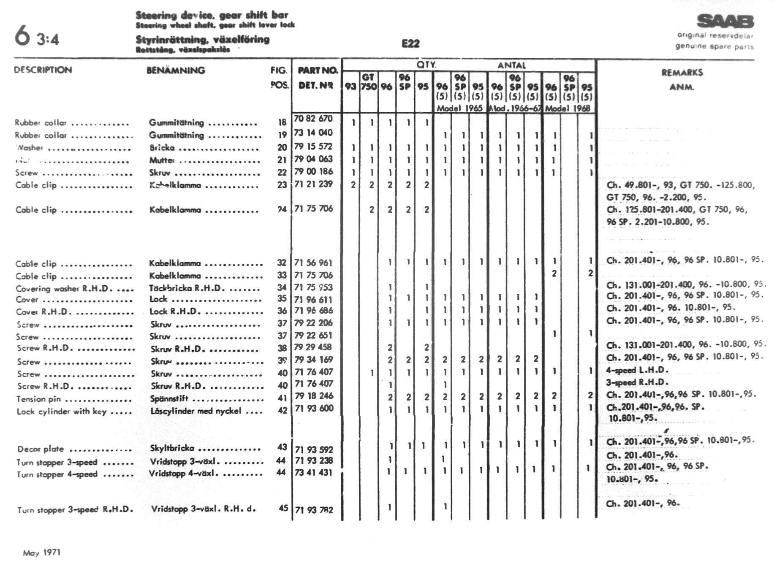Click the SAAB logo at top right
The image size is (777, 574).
[725, 22]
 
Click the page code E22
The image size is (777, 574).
[410, 43]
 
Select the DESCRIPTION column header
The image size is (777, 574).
[43, 70]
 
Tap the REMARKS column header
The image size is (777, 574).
[682, 73]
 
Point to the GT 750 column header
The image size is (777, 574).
[368, 81]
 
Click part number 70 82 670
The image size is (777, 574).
[313, 119]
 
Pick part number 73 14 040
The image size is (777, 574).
[313, 133]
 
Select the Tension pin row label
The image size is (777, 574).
[38, 399]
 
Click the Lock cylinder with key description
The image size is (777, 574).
[62, 412]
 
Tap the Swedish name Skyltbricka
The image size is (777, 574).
[172, 448]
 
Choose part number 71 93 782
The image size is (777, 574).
[314, 510]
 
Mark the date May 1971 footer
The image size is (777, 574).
[42, 552]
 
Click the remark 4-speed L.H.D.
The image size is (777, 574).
[638, 370]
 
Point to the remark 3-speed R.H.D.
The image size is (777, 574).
[638, 382]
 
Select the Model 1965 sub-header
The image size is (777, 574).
[459, 108]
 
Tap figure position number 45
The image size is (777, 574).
[283, 508]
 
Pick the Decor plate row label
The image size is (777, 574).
[41, 449]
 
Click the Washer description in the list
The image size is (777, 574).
[30, 148]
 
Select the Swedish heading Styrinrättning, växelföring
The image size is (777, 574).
[203, 40]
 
